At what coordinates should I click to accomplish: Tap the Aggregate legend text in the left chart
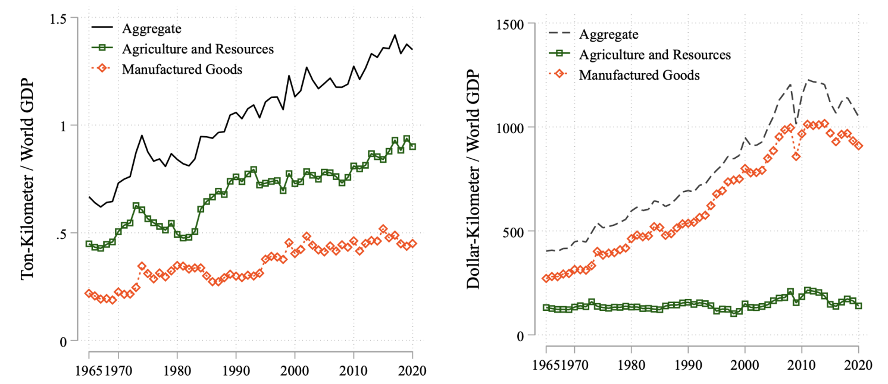coord(151,28)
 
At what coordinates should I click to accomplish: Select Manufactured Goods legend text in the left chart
coord(182,68)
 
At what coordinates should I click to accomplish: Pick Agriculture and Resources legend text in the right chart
coord(655,55)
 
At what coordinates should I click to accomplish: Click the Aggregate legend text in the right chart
coord(608,34)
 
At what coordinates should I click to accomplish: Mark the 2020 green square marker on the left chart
coord(412,146)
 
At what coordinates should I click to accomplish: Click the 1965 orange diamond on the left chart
coord(89,293)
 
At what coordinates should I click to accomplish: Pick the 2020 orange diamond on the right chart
coord(858,146)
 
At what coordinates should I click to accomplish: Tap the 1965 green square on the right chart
coord(546,307)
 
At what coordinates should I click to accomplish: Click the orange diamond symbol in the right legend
coord(559,75)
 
